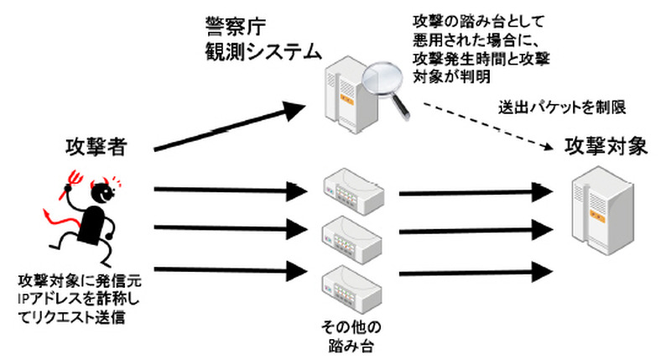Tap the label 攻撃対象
(x=606, y=146)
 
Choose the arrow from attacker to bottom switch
(x=226, y=269)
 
